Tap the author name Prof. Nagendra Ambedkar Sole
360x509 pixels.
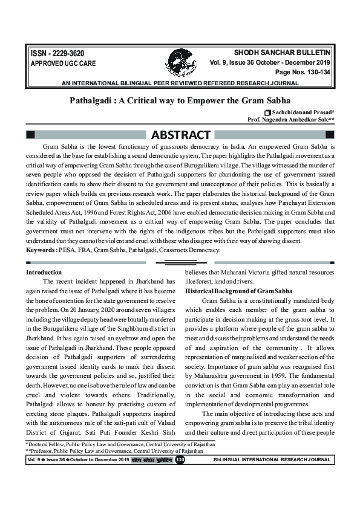tap(290, 120)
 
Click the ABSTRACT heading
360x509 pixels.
tap(180, 135)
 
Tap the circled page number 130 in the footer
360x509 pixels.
tap(180, 460)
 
